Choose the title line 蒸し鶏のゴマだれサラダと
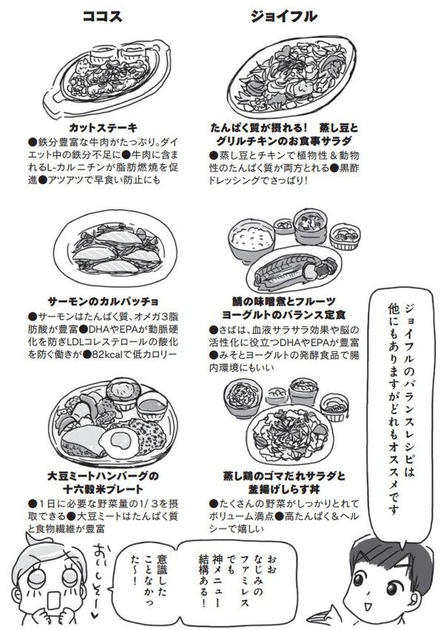coord(284,476)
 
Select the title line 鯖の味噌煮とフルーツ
coord(283,301)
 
